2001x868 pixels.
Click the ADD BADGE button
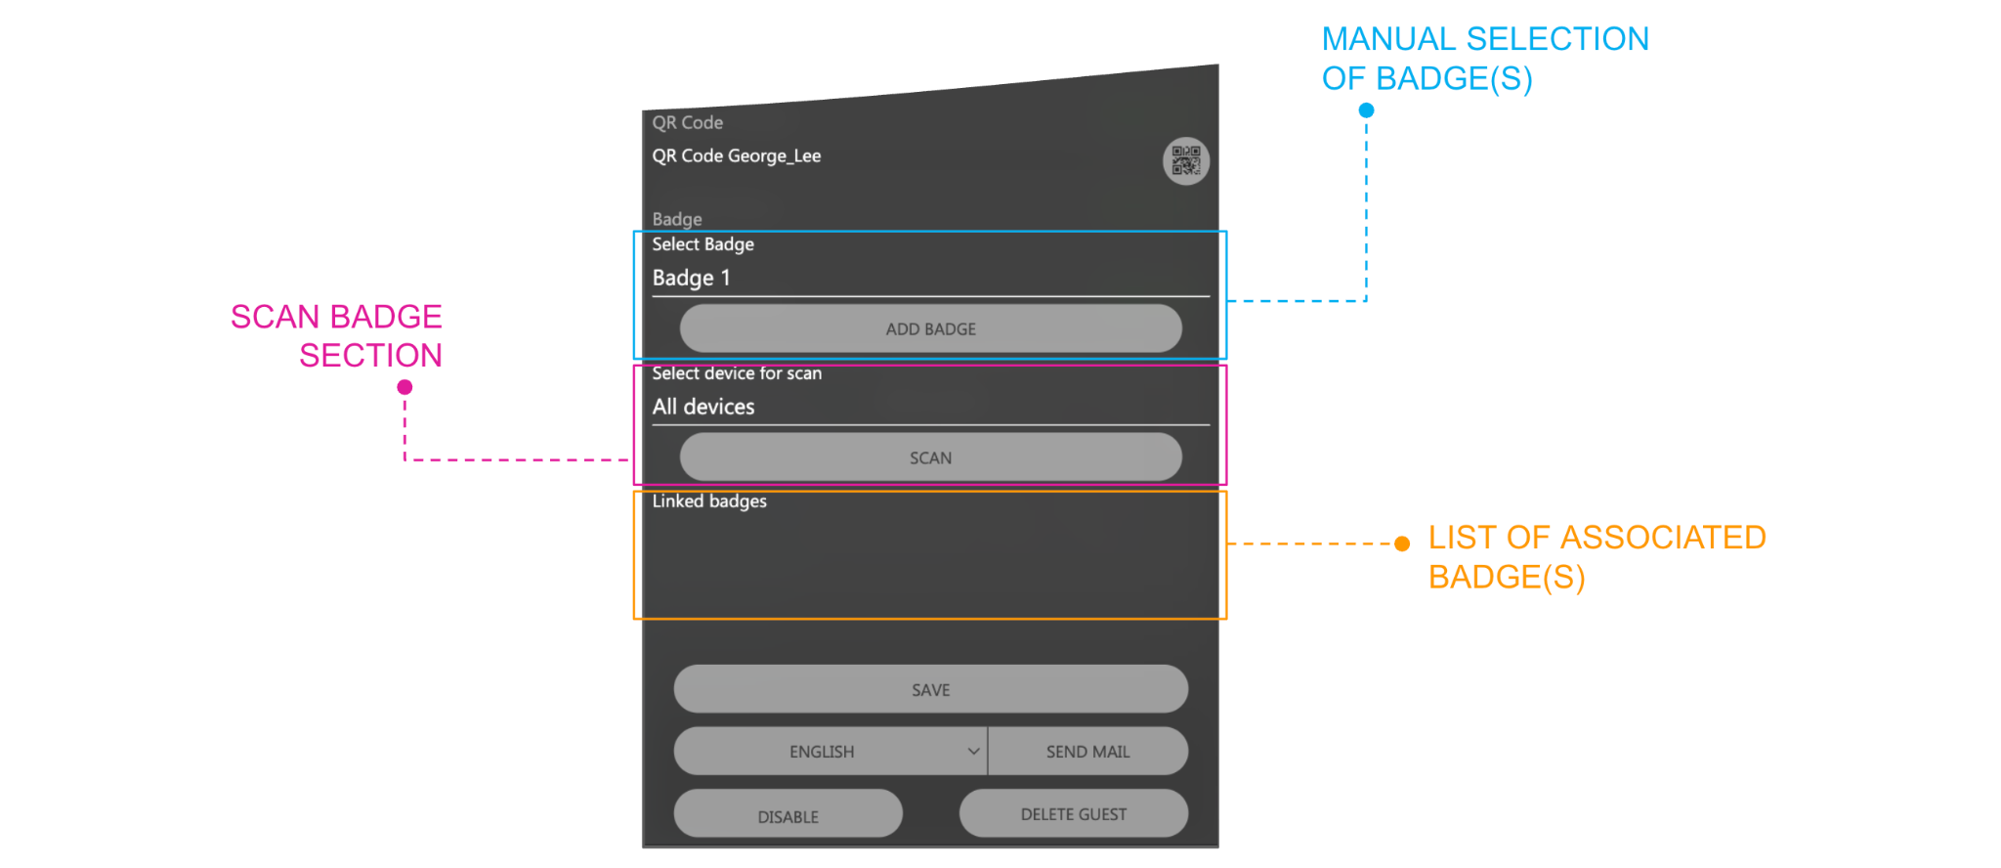point(930,328)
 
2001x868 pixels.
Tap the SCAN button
point(930,457)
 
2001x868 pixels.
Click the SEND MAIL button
point(1088,751)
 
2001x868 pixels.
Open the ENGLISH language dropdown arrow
point(973,751)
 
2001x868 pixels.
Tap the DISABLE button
point(788,813)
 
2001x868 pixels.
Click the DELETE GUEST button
point(1074,813)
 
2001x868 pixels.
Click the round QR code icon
point(1186,160)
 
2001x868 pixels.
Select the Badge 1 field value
point(692,278)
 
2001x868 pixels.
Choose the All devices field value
point(703,407)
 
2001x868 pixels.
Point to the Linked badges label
point(709,501)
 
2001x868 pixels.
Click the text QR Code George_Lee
point(737,155)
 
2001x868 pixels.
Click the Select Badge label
point(703,244)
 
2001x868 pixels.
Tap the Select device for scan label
point(737,373)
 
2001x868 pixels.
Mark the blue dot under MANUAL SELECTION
point(1366,110)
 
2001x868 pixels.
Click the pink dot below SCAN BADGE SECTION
point(404,387)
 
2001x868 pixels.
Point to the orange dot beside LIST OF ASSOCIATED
point(1402,543)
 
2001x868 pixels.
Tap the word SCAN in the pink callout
point(276,317)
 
